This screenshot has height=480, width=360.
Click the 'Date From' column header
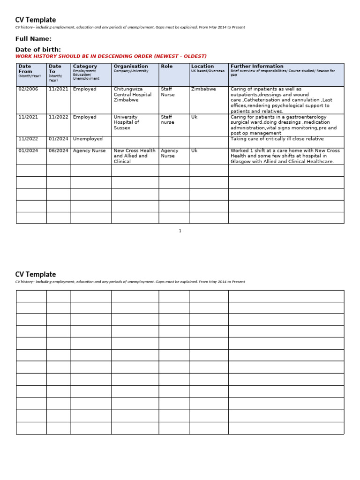tap(25, 69)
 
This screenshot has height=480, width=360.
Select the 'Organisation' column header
tap(130, 67)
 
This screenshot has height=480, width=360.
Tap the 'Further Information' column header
tap(257, 67)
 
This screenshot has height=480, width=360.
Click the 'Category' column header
tap(85, 67)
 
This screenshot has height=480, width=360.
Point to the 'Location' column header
tap(202, 67)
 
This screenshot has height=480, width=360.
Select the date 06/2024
tap(58, 151)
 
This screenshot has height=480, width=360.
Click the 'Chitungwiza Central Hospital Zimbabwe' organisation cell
tap(133, 95)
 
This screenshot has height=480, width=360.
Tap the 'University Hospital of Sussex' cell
tap(127, 122)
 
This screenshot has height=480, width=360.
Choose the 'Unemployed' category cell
tap(88, 139)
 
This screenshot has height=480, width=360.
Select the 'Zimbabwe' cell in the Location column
tap(203, 89)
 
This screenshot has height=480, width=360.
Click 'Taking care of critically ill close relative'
tap(277, 139)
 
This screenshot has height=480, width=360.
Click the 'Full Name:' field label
tap(33, 39)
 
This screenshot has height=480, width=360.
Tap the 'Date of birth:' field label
tap(38, 50)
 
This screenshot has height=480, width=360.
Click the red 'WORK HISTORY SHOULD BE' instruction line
tap(111, 56)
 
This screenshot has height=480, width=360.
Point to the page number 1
tap(180, 231)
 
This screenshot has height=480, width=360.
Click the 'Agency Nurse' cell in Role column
tap(170, 153)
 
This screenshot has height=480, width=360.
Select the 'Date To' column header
tap(55, 69)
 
